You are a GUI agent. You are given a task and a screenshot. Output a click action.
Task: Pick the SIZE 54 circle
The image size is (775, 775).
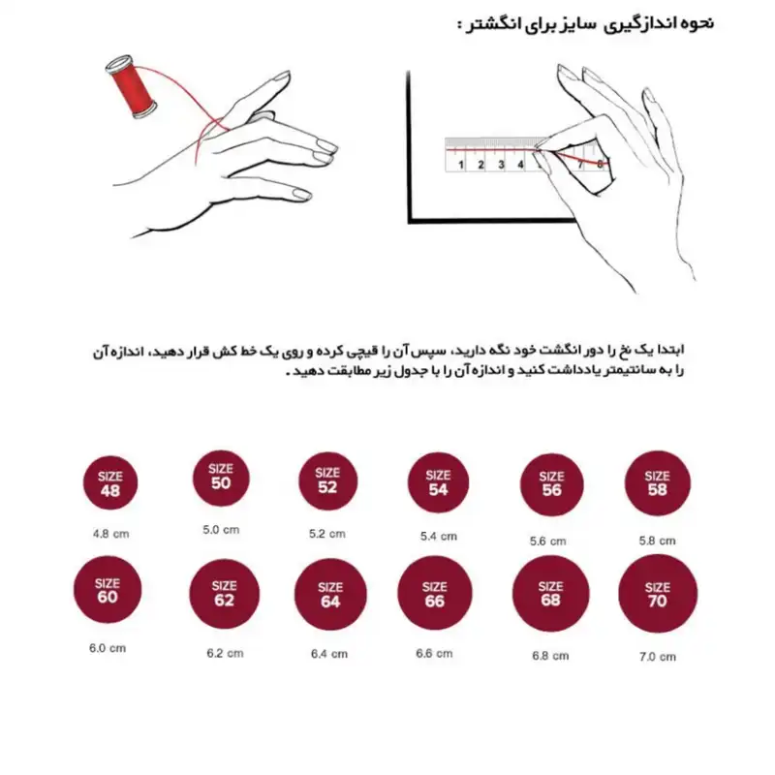[438, 481]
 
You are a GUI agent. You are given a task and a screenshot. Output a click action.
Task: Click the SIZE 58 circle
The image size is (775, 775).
[657, 482]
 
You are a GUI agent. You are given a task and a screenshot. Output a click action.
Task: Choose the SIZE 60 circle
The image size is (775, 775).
[107, 590]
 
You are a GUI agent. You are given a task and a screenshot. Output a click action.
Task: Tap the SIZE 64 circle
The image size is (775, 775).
[330, 594]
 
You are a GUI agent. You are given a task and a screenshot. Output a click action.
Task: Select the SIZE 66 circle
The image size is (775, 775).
[435, 594]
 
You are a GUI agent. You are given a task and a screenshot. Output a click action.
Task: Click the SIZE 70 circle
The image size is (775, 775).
[658, 594]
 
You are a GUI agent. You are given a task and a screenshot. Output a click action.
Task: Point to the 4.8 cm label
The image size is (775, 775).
[110, 533]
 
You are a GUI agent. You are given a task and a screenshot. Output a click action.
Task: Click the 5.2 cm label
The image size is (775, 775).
[326, 534]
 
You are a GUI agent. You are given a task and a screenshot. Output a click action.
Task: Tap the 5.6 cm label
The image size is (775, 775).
[548, 541]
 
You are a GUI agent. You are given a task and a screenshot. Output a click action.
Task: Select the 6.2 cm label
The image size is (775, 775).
[225, 653]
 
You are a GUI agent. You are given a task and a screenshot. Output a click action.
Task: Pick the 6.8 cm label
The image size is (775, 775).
[549, 656]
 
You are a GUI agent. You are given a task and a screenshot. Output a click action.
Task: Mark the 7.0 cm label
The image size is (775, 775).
[658, 656]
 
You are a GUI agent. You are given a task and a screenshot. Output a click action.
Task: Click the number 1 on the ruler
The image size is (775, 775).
[460, 165]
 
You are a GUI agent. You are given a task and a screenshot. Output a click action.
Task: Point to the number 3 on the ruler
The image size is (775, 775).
[501, 165]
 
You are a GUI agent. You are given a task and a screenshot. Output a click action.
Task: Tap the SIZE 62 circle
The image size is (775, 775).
[224, 594]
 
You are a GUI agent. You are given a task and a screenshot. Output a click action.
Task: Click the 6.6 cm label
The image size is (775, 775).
[434, 653]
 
